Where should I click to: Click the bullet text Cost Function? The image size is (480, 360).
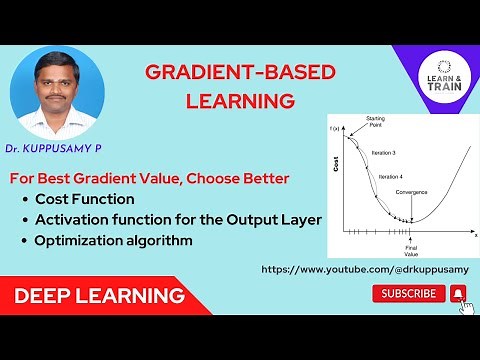[83, 199]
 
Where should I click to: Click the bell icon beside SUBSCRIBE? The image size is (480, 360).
[458, 293]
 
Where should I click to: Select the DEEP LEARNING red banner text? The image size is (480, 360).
[98, 296]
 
